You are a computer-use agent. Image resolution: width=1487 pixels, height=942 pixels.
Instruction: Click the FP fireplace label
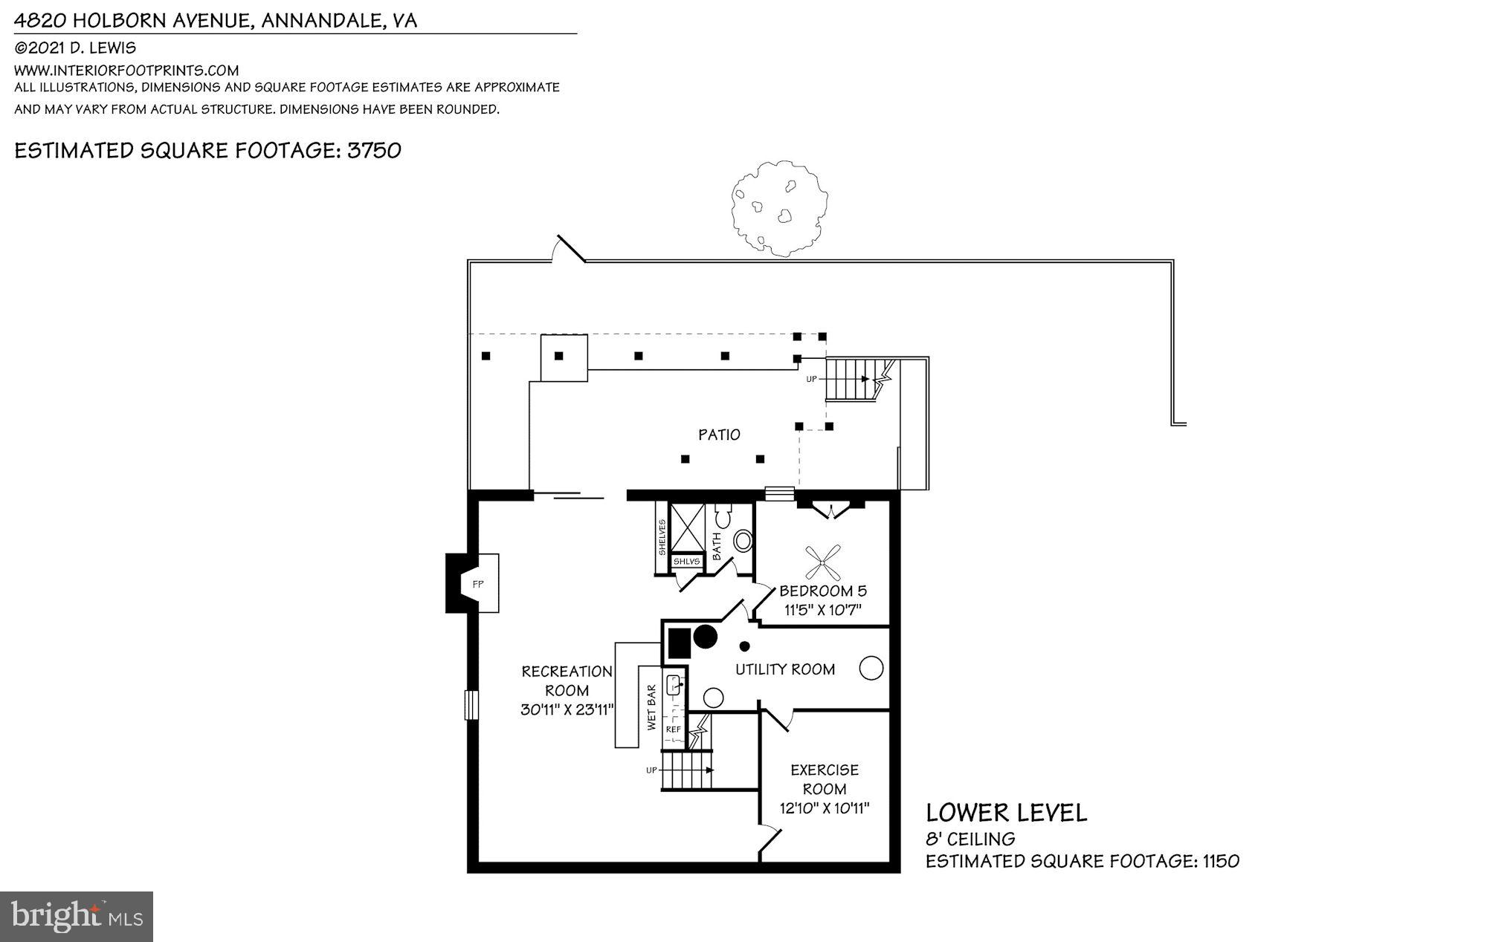click(478, 585)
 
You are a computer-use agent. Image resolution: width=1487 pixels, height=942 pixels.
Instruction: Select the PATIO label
click(719, 435)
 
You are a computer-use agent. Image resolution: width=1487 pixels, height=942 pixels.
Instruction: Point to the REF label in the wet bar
click(673, 730)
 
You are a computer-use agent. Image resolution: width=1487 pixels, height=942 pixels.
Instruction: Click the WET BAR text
click(652, 707)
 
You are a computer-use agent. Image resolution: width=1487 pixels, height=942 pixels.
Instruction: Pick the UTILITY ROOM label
click(785, 669)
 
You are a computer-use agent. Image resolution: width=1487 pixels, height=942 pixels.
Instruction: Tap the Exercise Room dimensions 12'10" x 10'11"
click(824, 808)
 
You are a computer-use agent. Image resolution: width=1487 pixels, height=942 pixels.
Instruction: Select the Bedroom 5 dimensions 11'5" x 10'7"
click(823, 611)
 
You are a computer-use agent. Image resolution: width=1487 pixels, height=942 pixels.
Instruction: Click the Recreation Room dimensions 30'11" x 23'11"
click(567, 709)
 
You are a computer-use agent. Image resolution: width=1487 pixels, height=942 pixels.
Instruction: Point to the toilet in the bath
click(723, 515)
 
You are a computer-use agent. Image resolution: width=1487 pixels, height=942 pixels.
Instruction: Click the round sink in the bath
click(743, 541)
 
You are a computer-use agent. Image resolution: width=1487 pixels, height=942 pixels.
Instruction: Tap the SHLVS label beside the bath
click(686, 562)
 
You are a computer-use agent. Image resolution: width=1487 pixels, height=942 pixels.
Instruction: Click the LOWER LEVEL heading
click(1006, 813)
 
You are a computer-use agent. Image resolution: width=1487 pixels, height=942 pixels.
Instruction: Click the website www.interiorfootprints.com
click(126, 71)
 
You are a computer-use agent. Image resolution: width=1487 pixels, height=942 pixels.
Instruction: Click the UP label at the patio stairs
click(811, 379)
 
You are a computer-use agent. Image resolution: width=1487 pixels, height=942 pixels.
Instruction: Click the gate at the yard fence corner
click(569, 250)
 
